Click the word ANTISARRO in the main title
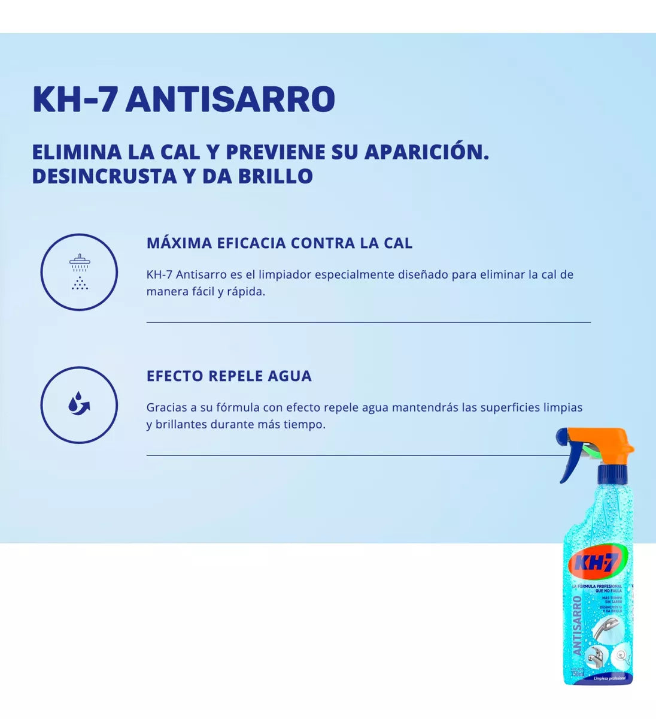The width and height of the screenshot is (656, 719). pos(230,99)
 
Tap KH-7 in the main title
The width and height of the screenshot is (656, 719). pos(75,99)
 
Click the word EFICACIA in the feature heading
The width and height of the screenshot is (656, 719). pos(251,243)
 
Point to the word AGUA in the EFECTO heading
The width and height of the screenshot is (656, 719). pos(290,376)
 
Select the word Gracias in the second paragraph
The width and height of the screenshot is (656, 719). pos(166,408)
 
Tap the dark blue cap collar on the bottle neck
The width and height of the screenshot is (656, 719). pos(612,474)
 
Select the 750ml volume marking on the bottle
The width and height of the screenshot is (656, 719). pos(578,673)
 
